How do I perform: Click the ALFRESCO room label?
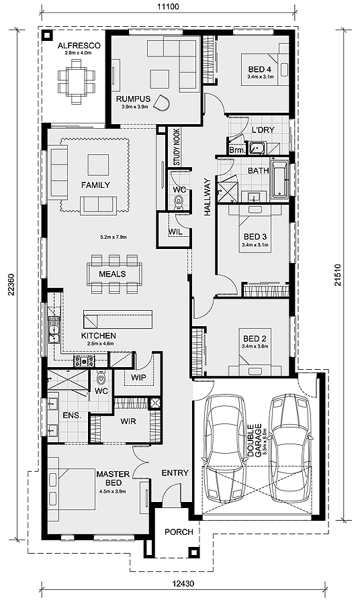click(79, 46)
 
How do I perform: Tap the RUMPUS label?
click(133, 99)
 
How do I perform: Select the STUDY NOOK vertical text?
click(177, 147)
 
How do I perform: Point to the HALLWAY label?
click(208, 197)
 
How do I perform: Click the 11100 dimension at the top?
click(168, 7)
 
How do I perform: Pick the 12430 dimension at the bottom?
click(183, 584)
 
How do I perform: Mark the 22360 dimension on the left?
click(11, 285)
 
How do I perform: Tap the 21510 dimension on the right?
click(338, 274)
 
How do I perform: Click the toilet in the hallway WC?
click(179, 201)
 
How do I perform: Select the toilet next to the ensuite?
click(101, 378)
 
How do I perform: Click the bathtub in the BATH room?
click(279, 180)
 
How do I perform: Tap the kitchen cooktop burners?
click(85, 361)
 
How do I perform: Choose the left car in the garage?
click(225, 448)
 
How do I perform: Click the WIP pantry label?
click(138, 377)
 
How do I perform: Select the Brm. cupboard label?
click(236, 150)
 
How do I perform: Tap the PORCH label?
click(179, 532)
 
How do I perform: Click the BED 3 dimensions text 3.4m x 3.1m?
click(255, 244)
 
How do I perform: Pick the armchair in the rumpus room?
click(162, 103)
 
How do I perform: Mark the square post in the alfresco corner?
click(48, 36)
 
